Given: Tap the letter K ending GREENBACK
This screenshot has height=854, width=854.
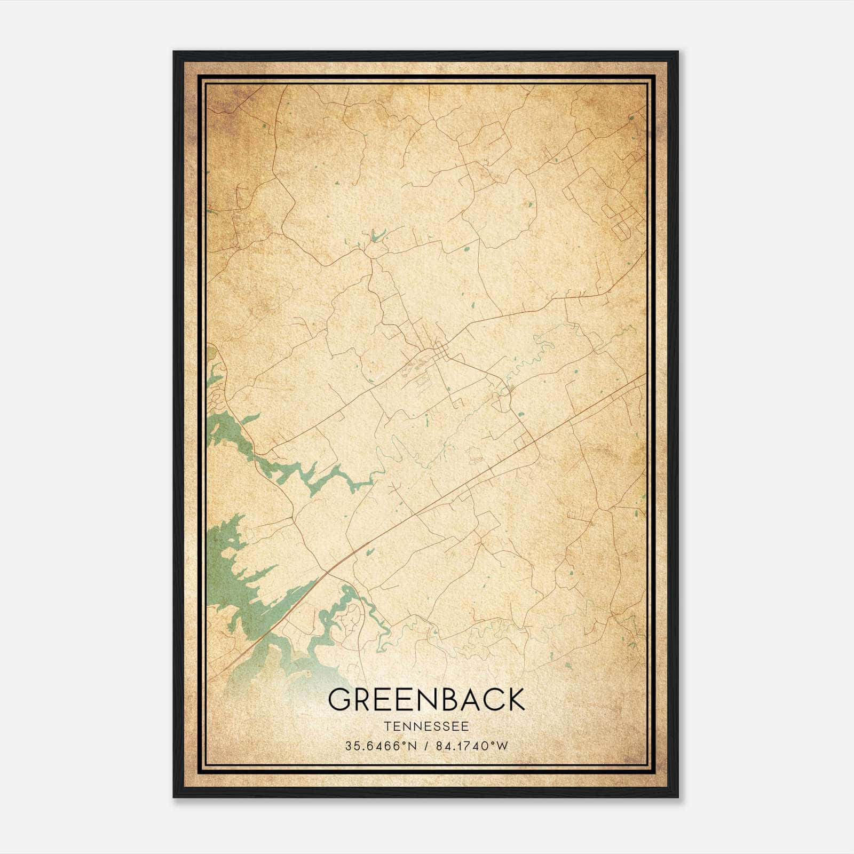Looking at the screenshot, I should coord(513,700).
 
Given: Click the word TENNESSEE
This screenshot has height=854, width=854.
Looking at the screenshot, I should coord(426,726).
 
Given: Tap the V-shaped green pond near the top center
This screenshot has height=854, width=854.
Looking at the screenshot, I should coord(377,235).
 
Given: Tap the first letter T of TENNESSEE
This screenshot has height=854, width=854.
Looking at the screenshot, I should coord(386,726).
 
